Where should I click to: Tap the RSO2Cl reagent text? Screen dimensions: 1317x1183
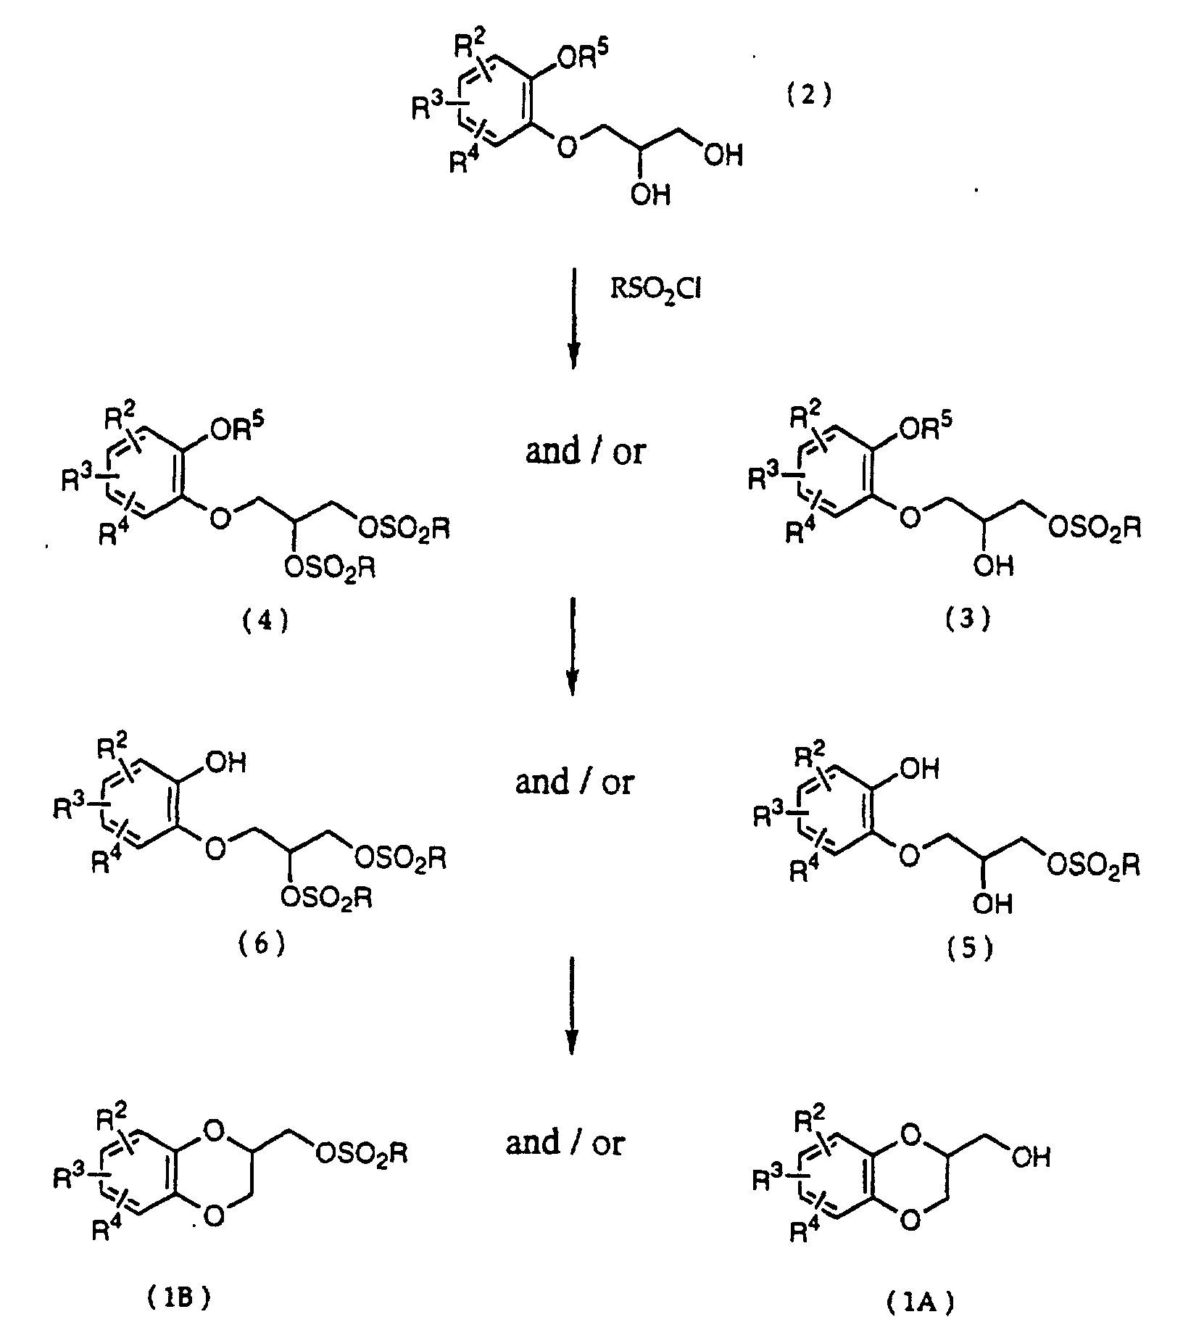point(654,292)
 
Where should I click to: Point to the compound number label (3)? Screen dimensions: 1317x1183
point(968,619)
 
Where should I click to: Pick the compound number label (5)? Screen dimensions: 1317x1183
point(969,951)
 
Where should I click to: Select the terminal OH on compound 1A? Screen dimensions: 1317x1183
point(1030,1157)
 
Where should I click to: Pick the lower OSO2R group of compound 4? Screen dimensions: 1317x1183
point(330,568)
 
